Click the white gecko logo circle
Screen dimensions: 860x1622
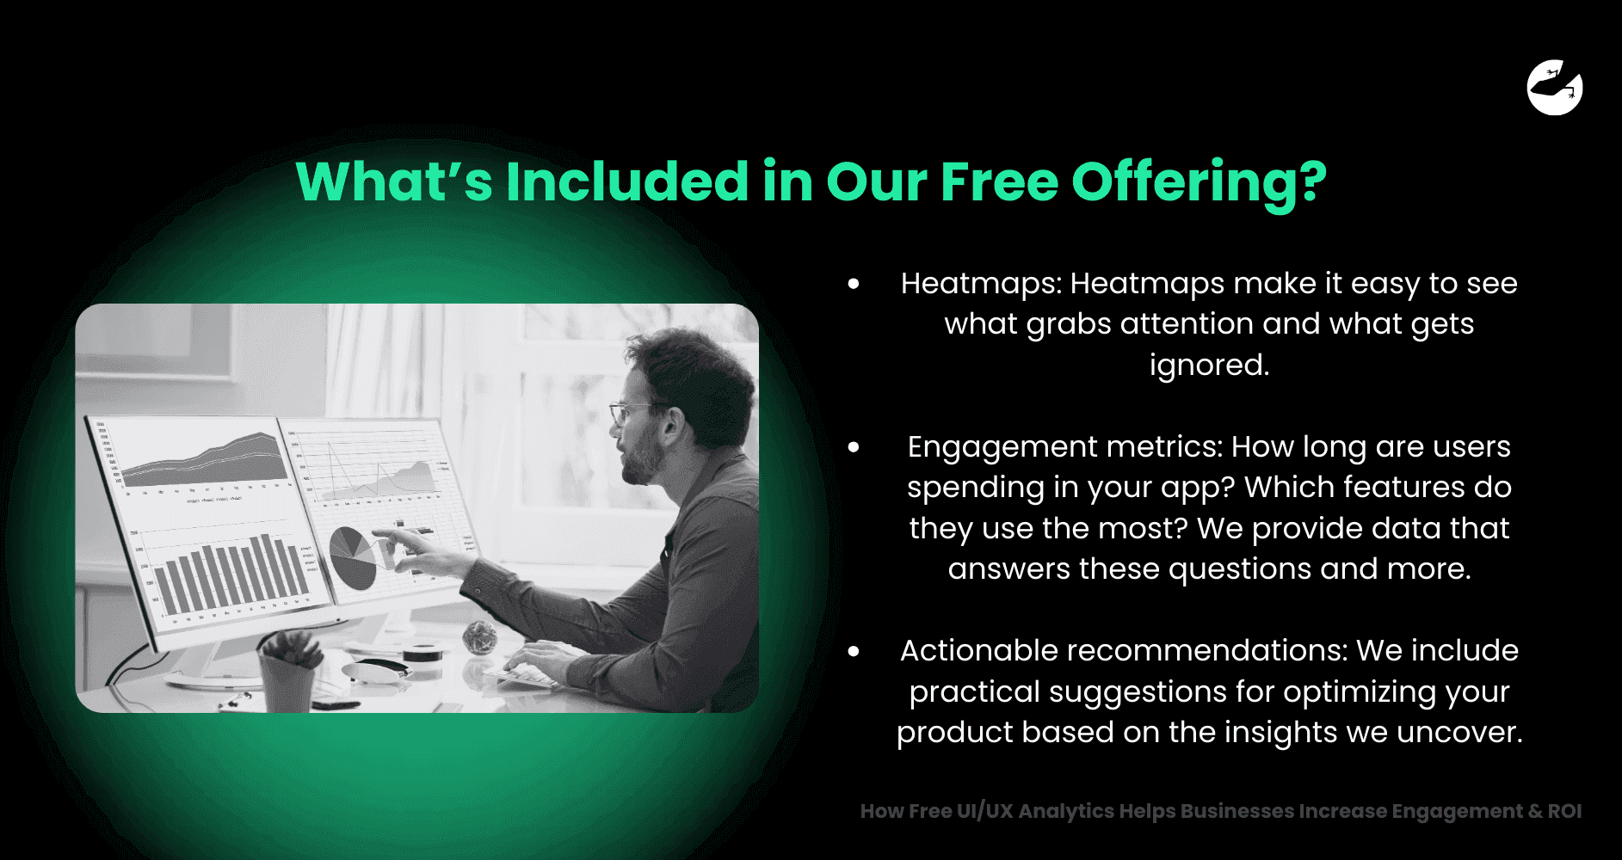pos(1554,88)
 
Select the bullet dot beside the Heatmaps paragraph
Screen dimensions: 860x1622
pos(854,284)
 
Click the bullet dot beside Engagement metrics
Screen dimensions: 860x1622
pos(854,447)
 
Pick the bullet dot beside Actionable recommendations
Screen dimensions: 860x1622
pos(854,651)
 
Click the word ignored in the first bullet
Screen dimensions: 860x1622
pos(1208,365)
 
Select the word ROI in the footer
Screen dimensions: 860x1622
pos(1563,811)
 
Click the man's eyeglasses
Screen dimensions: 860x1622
pos(632,412)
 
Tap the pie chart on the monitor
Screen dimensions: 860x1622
pos(352,557)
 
